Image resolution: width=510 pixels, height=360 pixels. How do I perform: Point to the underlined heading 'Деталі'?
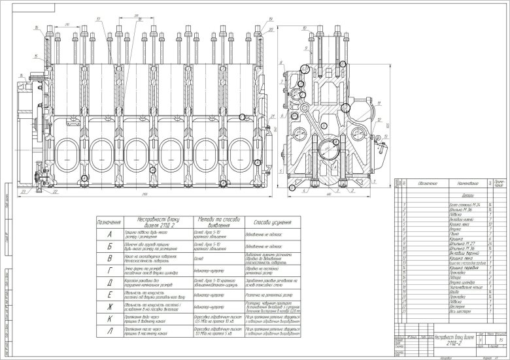click(x=448, y=195)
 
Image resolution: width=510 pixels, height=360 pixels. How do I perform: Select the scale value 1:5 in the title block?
click(x=500, y=340)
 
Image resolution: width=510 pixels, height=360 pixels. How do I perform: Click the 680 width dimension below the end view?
click(x=327, y=195)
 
